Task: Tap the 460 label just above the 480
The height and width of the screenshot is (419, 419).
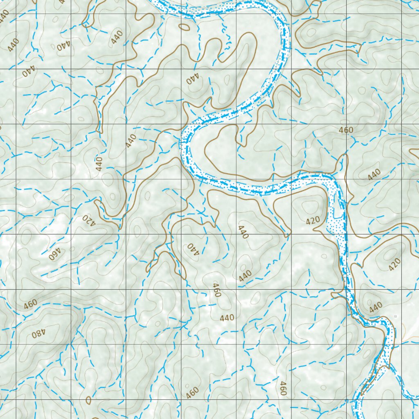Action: point(30,304)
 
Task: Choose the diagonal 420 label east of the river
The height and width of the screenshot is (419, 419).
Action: point(395,265)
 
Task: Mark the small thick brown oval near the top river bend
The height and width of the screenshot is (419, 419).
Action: point(185,27)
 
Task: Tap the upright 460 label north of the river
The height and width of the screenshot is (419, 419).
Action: point(346,130)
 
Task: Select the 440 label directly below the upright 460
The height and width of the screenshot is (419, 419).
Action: point(374,174)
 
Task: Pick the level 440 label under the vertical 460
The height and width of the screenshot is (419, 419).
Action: point(227,318)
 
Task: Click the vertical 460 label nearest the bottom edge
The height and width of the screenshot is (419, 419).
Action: point(282,388)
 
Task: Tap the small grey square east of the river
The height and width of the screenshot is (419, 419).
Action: point(395,316)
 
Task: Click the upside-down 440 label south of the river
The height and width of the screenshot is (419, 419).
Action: point(193,249)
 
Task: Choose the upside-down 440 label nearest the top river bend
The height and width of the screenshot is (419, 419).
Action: point(192,79)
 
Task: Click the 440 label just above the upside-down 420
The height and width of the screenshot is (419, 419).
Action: point(99,164)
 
